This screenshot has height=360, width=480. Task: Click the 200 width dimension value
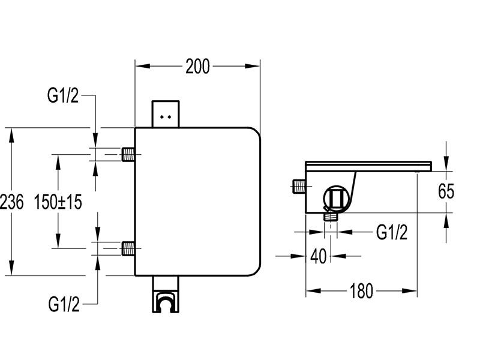coord(197,67)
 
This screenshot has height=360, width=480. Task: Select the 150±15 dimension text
coord(58,202)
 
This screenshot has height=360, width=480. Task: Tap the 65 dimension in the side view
coord(446,191)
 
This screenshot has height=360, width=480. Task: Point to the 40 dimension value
coord(319,256)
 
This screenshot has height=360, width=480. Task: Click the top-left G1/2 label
coord(62,95)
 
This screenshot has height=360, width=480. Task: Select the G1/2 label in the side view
coord(392,232)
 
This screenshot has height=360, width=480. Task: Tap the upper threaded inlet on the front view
coord(128,154)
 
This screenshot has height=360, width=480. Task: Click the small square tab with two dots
coord(167,113)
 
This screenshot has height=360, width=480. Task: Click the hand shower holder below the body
coord(167,298)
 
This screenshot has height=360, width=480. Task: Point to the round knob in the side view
coord(336,197)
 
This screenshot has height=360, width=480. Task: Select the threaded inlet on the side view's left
coord(298,187)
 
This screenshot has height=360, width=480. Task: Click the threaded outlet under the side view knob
coord(329,217)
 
